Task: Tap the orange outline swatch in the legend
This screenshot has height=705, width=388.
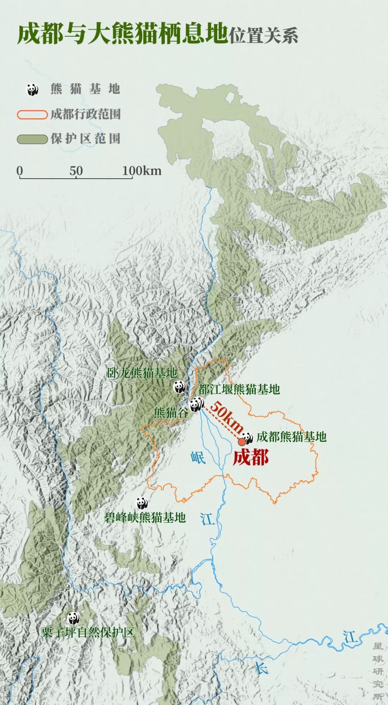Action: [32, 115]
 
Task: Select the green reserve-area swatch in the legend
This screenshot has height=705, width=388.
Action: [32, 139]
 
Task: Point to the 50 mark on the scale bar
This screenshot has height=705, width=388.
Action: [76, 171]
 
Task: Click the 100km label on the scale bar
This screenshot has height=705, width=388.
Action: [142, 171]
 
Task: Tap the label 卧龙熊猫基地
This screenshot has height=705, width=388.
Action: [142, 373]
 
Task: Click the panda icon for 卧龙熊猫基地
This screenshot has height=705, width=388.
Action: [179, 387]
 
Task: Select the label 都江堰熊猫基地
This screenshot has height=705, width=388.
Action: [239, 389]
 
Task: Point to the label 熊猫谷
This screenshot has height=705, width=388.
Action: [171, 412]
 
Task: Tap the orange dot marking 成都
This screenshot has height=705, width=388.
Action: [242, 441]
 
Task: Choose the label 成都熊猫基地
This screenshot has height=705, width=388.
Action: [291, 437]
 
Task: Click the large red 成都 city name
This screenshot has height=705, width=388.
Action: [250, 458]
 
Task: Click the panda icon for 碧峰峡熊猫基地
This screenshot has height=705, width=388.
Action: [142, 503]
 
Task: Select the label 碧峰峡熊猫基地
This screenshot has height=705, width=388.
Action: [145, 517]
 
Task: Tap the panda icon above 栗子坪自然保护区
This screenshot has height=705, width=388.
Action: [73, 618]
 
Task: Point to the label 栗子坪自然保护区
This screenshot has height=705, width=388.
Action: [88, 632]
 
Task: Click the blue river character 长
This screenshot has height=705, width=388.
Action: [261, 668]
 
